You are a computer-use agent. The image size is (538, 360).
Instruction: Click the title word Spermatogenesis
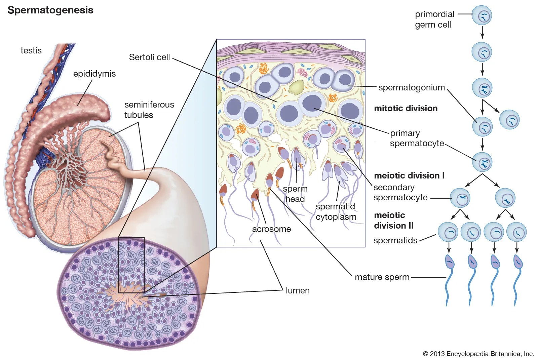pos(50,10)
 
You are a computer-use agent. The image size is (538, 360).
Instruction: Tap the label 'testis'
pos(31,50)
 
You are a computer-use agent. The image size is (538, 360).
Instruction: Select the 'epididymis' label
pos(94,74)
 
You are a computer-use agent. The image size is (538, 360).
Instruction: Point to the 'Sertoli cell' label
pos(149,57)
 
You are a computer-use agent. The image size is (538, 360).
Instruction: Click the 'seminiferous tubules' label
pos(149,110)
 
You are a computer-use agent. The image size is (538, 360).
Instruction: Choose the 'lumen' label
pos(298,290)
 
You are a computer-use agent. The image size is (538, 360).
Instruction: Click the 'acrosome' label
pos(271,229)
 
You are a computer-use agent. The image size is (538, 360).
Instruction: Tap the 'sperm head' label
pos(295,194)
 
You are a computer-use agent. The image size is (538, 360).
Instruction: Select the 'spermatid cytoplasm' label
pos(336,211)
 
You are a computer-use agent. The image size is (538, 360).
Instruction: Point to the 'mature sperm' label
pos(382,277)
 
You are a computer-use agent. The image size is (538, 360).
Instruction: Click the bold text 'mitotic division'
pos(406,108)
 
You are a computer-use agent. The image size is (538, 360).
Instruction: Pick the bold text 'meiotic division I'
pos(409,175)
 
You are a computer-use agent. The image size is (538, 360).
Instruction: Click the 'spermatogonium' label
pos(411,87)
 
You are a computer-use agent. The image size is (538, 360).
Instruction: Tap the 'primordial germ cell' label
pos(434,19)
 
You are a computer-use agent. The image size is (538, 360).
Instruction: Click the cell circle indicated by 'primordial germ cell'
pos(482,15)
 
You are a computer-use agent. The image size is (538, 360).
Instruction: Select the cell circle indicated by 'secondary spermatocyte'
pos(460,198)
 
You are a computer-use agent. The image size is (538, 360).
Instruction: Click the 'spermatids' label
pos(395,240)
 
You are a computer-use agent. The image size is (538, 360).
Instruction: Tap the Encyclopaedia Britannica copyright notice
pos(478,354)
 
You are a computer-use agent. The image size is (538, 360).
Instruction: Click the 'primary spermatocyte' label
pos(417,138)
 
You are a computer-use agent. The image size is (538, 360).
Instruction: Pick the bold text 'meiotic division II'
pos(393,220)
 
